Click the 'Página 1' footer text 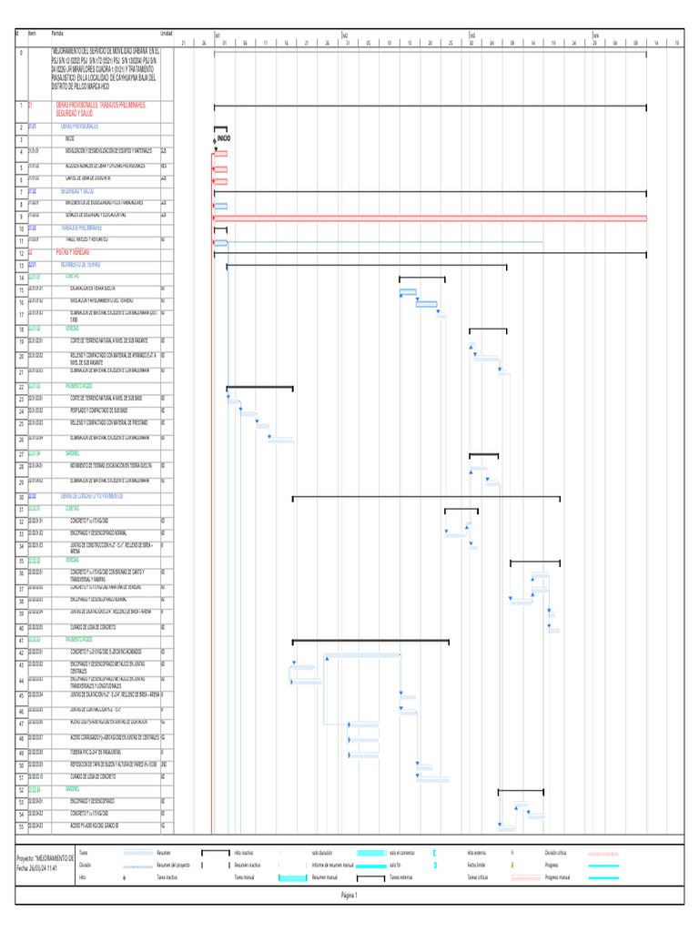349,894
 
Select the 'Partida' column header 57,32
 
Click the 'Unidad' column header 166,32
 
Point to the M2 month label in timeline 345,35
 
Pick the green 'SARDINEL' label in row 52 73,789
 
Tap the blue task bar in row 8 220,206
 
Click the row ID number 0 20,53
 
